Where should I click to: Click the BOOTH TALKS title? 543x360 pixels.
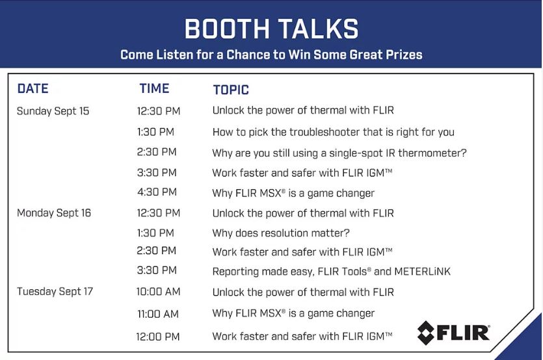(x=272, y=29)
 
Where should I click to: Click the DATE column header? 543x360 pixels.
(x=33, y=88)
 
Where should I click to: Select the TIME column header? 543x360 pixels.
(x=155, y=88)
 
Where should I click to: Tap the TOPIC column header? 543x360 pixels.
(x=231, y=90)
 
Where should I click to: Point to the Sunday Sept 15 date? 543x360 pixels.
(x=53, y=111)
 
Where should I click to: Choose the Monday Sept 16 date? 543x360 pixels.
(x=54, y=213)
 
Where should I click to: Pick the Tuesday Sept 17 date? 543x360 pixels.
(x=55, y=292)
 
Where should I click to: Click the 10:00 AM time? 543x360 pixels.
(x=158, y=292)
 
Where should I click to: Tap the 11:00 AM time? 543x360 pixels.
(x=158, y=315)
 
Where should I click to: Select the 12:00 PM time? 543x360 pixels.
(x=158, y=337)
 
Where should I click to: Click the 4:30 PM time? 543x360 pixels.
(x=157, y=192)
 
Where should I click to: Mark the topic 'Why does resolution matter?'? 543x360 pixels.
(x=281, y=233)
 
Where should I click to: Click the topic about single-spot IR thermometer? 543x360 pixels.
(x=339, y=153)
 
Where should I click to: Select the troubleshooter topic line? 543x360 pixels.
(x=333, y=132)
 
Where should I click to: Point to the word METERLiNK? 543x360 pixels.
(x=423, y=272)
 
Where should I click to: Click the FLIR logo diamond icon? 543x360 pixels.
(x=426, y=333)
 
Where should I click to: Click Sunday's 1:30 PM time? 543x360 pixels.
(x=155, y=132)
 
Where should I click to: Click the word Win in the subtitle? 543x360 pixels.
(x=300, y=55)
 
